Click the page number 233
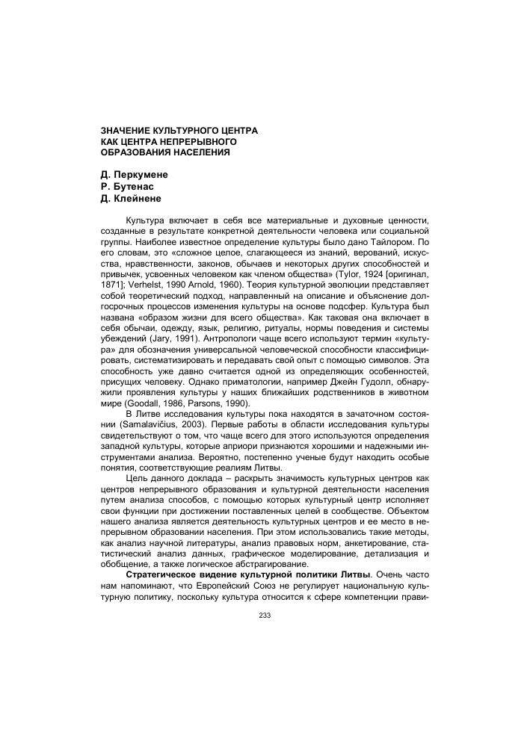coord(264,615)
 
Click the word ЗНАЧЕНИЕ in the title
coord(129,130)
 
